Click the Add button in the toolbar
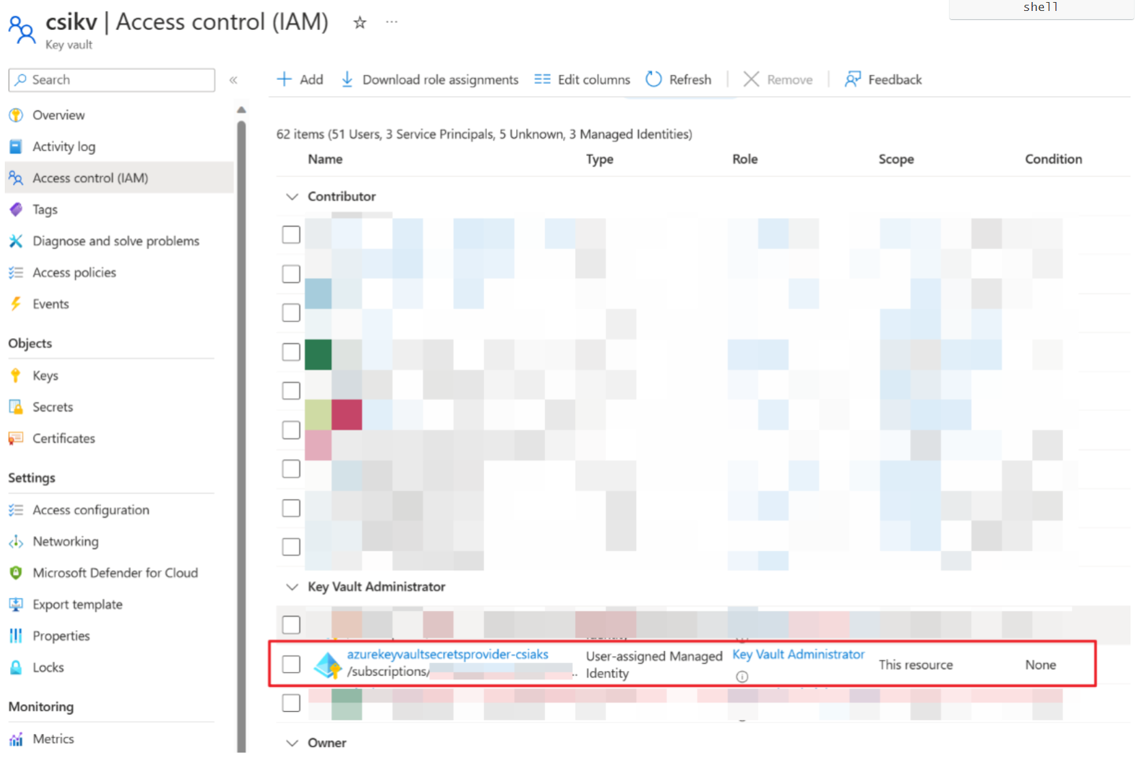click(x=300, y=80)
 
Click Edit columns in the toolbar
click(x=582, y=80)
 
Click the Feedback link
click(x=883, y=80)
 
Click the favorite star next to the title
click(x=360, y=23)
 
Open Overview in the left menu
click(x=59, y=115)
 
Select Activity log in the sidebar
click(x=63, y=147)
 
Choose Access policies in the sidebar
click(x=74, y=272)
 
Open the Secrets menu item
click(x=53, y=407)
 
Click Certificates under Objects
click(x=63, y=438)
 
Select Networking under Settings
click(x=66, y=541)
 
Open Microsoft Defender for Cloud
click(x=115, y=573)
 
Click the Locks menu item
click(x=48, y=667)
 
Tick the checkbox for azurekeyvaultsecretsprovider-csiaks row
click(x=292, y=664)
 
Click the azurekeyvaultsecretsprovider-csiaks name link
click(x=447, y=654)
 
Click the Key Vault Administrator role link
click(x=798, y=654)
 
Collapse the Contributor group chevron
click(x=292, y=197)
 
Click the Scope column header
click(x=896, y=159)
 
